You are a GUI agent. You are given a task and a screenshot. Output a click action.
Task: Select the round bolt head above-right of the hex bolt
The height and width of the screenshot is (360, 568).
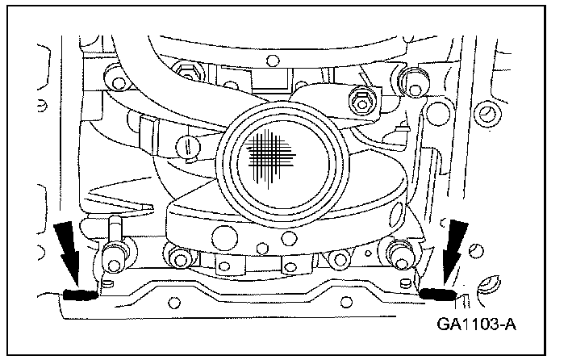point(416,80)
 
